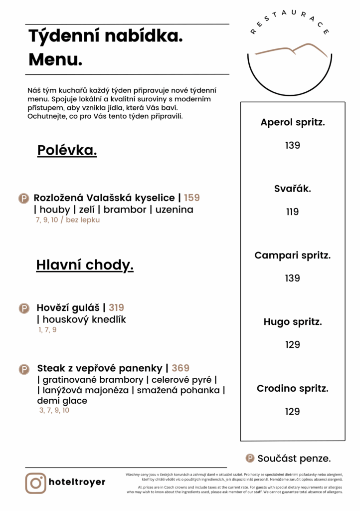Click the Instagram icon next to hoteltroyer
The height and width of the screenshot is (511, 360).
[x=36, y=483]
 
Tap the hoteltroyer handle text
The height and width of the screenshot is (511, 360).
[x=77, y=482]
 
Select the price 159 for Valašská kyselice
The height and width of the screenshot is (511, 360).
[x=192, y=198]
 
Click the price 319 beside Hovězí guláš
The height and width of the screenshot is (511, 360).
[x=117, y=307]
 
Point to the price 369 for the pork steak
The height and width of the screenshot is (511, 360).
[x=180, y=368]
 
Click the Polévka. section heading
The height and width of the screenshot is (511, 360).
[x=67, y=150]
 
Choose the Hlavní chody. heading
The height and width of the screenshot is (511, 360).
[x=85, y=265]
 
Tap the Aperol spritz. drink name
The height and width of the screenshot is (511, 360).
[x=293, y=122]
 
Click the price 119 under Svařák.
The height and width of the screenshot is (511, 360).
[x=293, y=212]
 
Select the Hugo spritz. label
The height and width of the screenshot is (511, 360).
[x=293, y=322]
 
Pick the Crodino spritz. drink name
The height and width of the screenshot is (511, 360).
[x=293, y=388]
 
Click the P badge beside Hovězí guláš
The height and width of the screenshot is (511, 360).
[x=24, y=308]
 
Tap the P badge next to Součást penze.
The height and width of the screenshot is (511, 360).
[x=250, y=458]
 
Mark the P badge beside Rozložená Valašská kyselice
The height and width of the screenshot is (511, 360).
[x=23, y=198]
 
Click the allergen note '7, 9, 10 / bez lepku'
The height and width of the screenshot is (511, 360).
[x=68, y=220]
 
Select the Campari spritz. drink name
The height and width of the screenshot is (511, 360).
[x=293, y=255]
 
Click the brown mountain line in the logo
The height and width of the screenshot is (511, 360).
[x=292, y=50]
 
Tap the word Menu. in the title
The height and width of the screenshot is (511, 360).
[x=55, y=59]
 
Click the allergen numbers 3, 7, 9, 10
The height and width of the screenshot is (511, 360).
[x=54, y=410]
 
